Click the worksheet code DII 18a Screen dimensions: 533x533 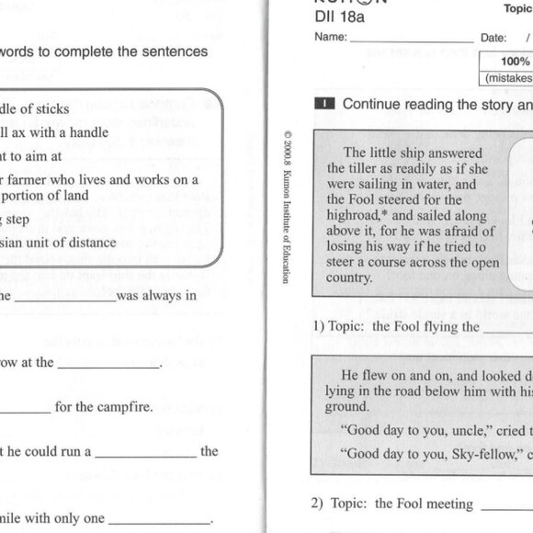click(x=339, y=16)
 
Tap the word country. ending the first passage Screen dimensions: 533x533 click(x=349, y=277)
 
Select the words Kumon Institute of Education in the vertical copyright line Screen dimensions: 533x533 click(x=288, y=230)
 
